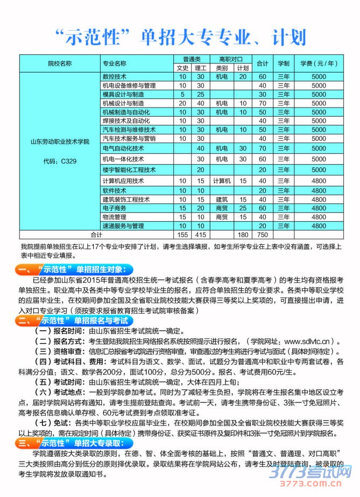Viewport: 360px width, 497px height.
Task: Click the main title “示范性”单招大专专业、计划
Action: point(180,36)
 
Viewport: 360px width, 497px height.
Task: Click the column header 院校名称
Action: point(59,63)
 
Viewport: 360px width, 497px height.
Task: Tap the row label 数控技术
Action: point(114,77)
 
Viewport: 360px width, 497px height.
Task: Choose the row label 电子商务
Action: point(114,208)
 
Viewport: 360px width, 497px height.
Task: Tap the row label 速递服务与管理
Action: point(123,226)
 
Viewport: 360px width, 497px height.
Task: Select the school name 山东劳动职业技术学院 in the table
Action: point(59,141)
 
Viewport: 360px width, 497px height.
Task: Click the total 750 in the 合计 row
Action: point(263,235)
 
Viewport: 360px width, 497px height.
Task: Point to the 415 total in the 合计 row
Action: point(201,235)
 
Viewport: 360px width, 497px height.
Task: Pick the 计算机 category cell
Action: point(222,181)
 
